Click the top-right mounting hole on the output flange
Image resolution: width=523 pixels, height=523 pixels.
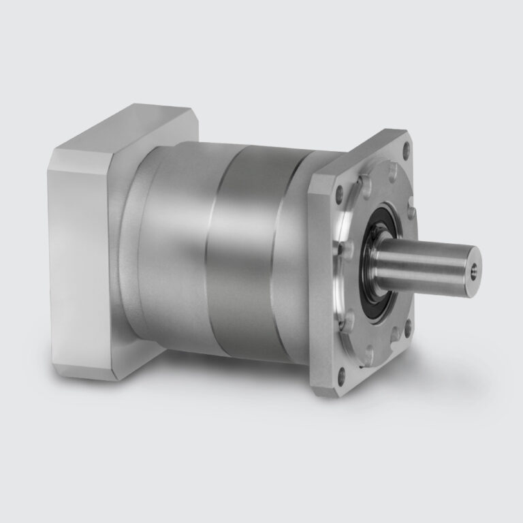[407, 145]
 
